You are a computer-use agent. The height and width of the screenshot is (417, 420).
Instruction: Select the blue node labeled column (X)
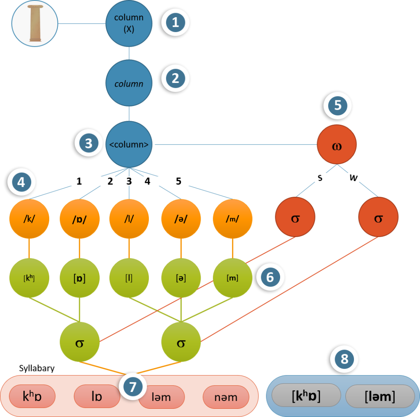tap(129, 24)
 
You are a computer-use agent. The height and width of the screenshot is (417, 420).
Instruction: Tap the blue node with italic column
tap(129, 84)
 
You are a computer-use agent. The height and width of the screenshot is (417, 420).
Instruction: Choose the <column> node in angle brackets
tap(129, 145)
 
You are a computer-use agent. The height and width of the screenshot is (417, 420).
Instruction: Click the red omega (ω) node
tap(337, 145)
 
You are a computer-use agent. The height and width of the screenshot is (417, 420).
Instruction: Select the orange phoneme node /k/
tap(29, 218)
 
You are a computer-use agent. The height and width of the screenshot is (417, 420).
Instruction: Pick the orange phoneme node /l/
tap(129, 218)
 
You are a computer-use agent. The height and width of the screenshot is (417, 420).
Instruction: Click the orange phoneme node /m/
tap(233, 218)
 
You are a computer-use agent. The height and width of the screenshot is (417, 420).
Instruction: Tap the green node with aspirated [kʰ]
tap(29, 278)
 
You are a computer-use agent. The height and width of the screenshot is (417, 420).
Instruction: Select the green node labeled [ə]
tap(181, 278)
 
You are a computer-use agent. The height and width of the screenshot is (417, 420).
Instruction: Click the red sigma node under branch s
tap(295, 218)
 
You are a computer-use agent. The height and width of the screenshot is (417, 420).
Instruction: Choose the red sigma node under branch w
tap(378, 218)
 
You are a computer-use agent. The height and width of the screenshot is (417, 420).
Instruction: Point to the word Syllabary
tap(37, 369)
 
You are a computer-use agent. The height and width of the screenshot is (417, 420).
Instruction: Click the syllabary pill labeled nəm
tap(226, 397)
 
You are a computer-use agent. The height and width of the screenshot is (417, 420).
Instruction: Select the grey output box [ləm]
tap(380, 396)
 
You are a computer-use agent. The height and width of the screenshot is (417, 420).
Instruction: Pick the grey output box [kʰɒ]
tap(306, 396)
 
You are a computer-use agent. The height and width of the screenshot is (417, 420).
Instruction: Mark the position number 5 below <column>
tap(178, 181)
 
